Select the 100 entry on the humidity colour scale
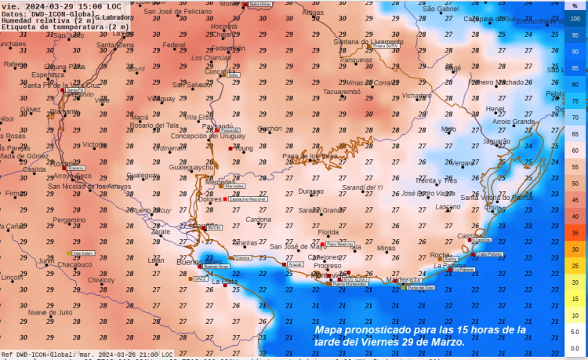[575, 18]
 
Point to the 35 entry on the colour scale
[575, 233]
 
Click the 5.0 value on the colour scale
[575, 332]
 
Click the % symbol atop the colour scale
[575, 5]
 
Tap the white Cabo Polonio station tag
[489, 254]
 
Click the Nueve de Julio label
[50, 312]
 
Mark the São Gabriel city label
[441, 9]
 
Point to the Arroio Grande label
[514, 122]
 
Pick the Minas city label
[386, 248]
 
